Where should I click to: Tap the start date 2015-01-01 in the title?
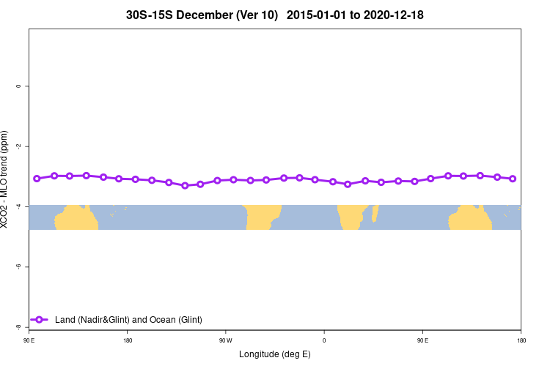coord(315,15)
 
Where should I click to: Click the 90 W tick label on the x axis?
coord(225,340)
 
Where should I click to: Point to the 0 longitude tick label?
coord(324,340)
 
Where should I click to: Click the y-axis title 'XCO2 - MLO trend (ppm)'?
coord(5,180)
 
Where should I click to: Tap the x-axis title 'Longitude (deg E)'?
coord(275,354)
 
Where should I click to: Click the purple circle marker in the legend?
coord(40,319)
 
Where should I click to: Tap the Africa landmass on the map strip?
coord(351,217)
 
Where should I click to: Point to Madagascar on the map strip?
coord(375,213)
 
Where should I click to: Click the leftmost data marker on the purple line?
coord(37,179)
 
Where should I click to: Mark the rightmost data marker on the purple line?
coord(513,179)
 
